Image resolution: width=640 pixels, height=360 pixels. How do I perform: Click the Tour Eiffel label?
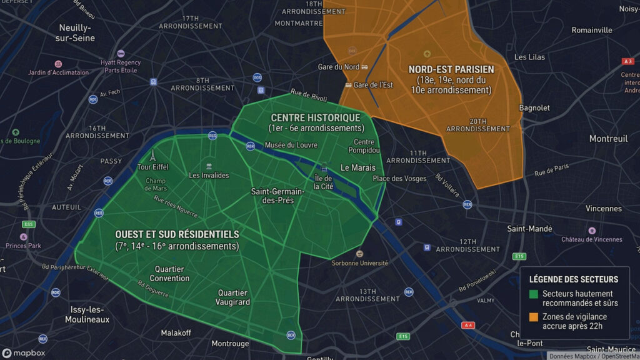[x=152, y=167]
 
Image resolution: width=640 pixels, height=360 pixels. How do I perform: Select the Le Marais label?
[x=357, y=167]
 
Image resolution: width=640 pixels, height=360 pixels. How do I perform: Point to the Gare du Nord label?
[x=338, y=67]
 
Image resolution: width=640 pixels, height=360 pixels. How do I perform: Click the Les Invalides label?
[x=209, y=175]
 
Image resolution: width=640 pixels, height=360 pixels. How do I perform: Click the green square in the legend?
[x=534, y=294]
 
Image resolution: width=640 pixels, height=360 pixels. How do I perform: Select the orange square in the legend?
[x=534, y=317]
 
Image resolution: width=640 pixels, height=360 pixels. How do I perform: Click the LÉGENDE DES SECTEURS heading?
[x=574, y=279]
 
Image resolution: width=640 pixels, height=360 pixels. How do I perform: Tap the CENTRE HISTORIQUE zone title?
[x=315, y=117]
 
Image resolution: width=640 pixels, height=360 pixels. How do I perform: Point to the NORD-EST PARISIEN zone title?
[x=451, y=69]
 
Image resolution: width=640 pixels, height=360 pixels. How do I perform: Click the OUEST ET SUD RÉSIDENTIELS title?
[x=177, y=234]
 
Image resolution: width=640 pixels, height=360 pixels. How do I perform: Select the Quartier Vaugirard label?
[x=233, y=297]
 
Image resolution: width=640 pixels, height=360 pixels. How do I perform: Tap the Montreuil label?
[x=608, y=139]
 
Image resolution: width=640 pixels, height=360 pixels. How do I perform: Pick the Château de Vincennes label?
[x=591, y=239]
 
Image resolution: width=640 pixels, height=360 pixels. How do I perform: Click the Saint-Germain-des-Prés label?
[x=277, y=196]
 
